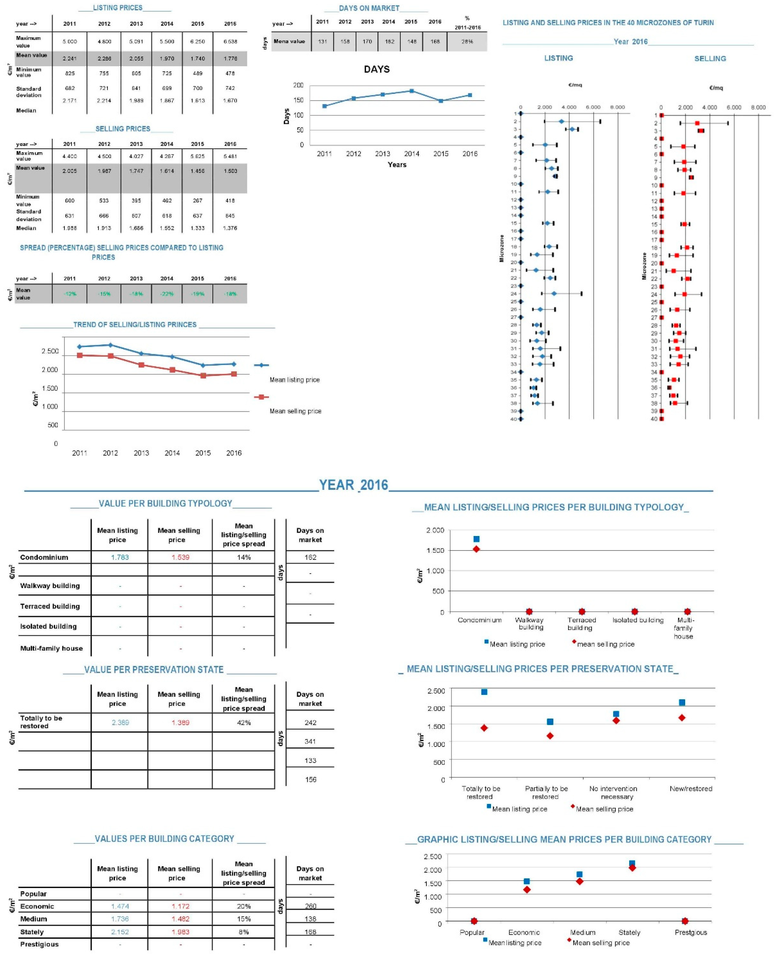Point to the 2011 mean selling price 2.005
tap(69, 171)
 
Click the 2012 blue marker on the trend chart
tap(110, 345)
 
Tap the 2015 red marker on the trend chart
tap(203, 376)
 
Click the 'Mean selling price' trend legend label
tap(295, 411)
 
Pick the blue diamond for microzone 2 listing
tap(561, 121)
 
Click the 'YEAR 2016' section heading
tap(354, 485)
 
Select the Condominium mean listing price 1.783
tap(120, 557)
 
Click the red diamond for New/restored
tap(682, 718)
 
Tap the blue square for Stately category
tap(632, 863)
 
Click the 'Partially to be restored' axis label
tap(546, 792)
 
